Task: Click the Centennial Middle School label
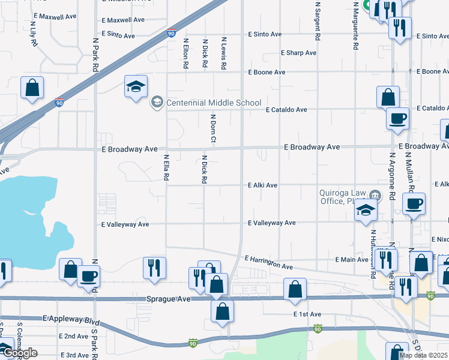(x=213, y=103)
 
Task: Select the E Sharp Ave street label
(x=298, y=53)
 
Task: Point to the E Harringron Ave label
(x=268, y=262)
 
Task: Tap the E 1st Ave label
(x=307, y=314)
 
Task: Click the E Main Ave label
(x=351, y=259)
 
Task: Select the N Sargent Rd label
(x=317, y=22)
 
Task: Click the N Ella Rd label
(x=166, y=169)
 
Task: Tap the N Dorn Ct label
(x=213, y=128)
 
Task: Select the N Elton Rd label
(x=186, y=53)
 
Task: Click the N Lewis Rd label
(x=223, y=53)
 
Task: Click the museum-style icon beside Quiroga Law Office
(x=375, y=194)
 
